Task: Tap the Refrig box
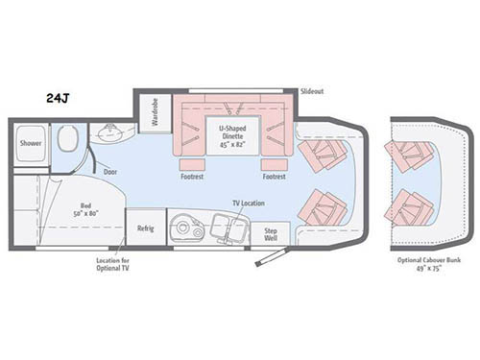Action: (145, 228)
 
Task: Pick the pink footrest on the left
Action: (191, 162)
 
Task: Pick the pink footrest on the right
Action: (274, 162)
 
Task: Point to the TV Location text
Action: (248, 202)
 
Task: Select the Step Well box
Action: (270, 233)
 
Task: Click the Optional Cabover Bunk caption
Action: (423, 266)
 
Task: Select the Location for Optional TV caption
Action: (112, 267)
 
